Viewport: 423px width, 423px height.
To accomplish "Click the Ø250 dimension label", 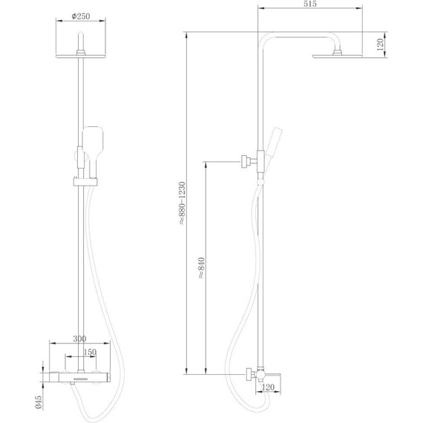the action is (81, 16).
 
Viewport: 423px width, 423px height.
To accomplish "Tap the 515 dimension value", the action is (310, 4).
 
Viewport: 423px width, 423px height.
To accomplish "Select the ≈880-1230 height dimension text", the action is (183, 203).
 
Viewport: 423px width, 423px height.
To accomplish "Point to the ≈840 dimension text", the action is (202, 268).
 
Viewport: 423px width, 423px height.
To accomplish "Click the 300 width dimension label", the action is (79, 339).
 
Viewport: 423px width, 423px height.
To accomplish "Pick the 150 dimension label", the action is (90, 352).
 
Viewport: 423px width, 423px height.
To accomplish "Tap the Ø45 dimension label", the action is (39, 402).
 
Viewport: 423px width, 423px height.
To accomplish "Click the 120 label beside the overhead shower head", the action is (380, 45).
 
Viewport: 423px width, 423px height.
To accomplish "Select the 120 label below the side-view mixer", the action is (268, 387).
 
